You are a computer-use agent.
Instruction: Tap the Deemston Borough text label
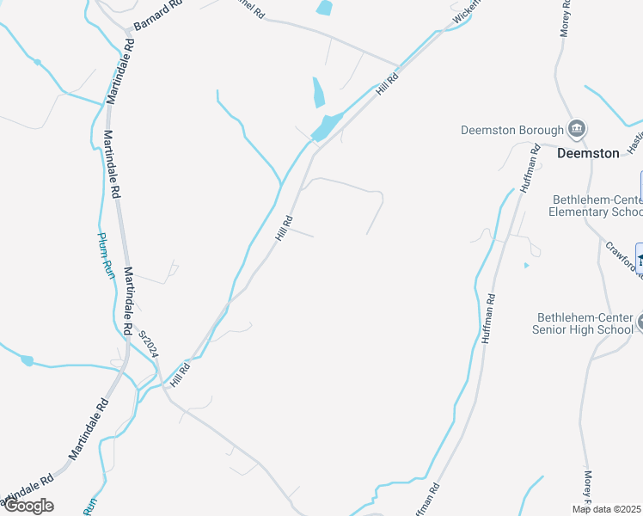click(x=512, y=131)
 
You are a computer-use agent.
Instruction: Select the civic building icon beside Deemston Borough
click(x=578, y=130)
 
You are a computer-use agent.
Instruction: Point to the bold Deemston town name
click(x=588, y=153)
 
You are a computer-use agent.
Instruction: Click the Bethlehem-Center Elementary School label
click(x=596, y=206)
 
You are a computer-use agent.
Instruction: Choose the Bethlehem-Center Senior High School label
click(x=585, y=322)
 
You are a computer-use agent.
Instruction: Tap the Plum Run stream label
click(x=105, y=255)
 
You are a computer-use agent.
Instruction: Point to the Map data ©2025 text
click(x=606, y=509)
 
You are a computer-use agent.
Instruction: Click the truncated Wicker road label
click(x=463, y=11)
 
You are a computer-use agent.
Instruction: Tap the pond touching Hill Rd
click(x=327, y=127)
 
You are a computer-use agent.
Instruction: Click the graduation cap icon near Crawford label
click(x=640, y=257)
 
